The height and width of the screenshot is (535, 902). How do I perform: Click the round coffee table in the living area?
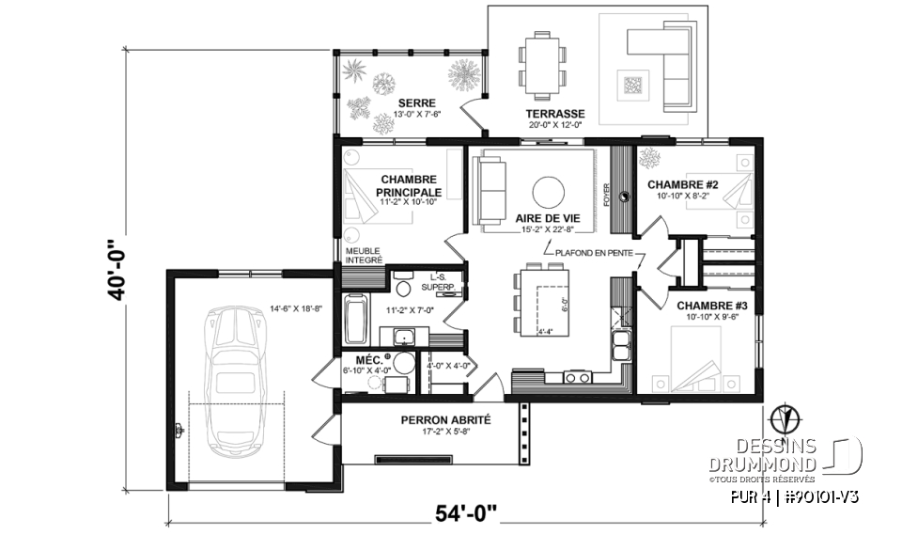coord(551,193)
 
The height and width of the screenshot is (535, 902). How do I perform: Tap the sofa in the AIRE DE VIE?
coord(490,192)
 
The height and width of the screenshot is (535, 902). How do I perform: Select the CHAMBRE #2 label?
coord(683,184)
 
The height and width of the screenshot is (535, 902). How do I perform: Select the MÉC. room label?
coord(366,360)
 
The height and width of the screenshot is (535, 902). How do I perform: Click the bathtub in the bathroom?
coord(357,320)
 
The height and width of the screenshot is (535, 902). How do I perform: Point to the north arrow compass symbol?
coord(778,417)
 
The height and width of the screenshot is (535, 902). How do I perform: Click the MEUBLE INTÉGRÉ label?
coord(363,256)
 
